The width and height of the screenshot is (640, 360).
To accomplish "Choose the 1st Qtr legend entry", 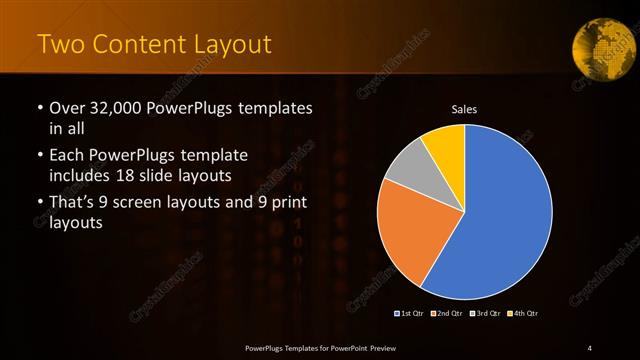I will tap(410, 314).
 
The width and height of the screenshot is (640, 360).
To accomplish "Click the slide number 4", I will tap(590, 347).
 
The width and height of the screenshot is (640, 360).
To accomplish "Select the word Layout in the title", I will tap(231, 44).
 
